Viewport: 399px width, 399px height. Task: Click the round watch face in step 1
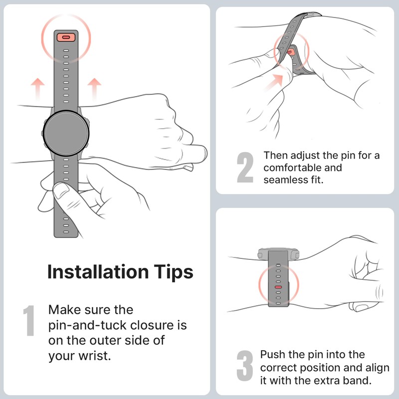click(x=66, y=133)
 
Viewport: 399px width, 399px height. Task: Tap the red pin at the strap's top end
click(x=66, y=37)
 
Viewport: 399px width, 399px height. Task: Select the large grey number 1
click(x=29, y=320)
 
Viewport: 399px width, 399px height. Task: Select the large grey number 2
click(x=245, y=167)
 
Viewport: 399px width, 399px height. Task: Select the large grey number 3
click(x=245, y=366)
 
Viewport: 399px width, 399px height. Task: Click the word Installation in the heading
click(x=98, y=272)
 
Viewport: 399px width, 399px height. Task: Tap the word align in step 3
click(x=378, y=368)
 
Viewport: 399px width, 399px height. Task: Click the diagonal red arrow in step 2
click(x=273, y=82)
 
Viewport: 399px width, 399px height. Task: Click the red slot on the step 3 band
click(x=278, y=287)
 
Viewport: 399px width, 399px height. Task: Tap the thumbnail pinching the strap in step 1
click(x=60, y=190)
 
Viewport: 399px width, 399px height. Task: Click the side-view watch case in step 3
click(x=278, y=254)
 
